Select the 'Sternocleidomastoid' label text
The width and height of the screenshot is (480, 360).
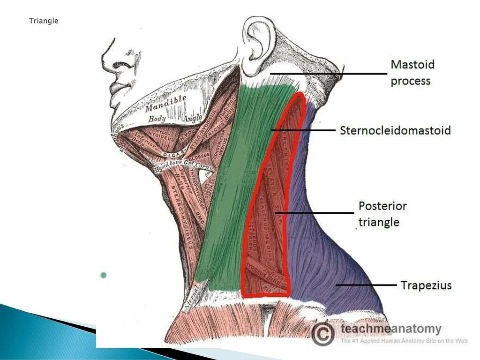[x=395, y=130]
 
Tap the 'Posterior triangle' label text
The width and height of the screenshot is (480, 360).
[x=382, y=214]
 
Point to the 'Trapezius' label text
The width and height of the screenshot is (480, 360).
[x=426, y=285]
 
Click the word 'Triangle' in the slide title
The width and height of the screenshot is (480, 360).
[x=44, y=21]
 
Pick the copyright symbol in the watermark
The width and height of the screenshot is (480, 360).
[x=323, y=333]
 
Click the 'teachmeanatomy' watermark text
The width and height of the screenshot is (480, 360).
[x=391, y=329]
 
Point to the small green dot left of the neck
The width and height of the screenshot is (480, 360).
[x=103, y=275]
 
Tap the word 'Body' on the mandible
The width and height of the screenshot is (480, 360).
[x=157, y=119]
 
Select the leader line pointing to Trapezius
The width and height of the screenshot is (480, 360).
[x=366, y=285]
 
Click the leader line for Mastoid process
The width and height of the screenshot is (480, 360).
[x=328, y=74]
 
